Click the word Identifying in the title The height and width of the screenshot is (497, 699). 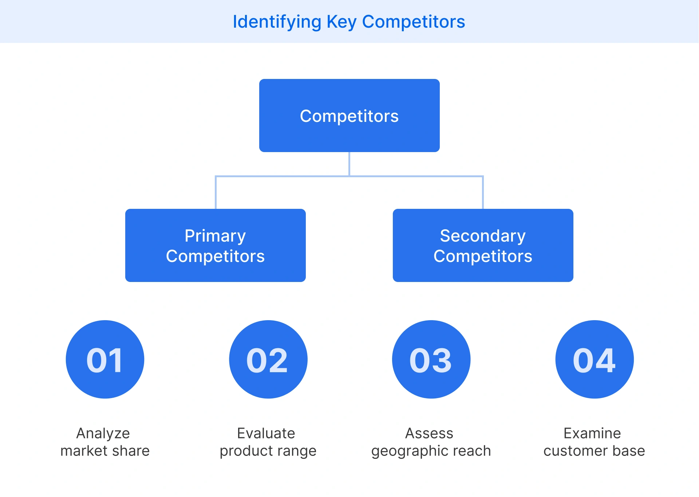click(x=277, y=22)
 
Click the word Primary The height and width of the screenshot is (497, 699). click(x=215, y=236)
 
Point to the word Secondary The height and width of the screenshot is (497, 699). click(x=483, y=236)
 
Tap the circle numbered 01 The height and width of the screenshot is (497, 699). click(x=105, y=359)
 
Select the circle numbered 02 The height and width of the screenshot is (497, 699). click(x=268, y=359)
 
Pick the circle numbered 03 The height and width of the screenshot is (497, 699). click(x=431, y=359)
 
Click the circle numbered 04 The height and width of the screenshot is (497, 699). click(x=594, y=359)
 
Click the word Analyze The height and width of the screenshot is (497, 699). click(x=103, y=433)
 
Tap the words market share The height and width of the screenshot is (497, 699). click(x=105, y=451)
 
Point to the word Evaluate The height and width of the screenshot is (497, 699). click(x=266, y=433)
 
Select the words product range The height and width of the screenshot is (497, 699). click(x=268, y=451)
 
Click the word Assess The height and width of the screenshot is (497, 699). click(x=429, y=433)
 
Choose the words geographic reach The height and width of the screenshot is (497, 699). click(x=431, y=451)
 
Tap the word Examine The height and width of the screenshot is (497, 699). click(x=592, y=433)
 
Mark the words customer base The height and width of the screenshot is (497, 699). click(x=594, y=451)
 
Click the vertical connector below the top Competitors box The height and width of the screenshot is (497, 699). click(x=349, y=164)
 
